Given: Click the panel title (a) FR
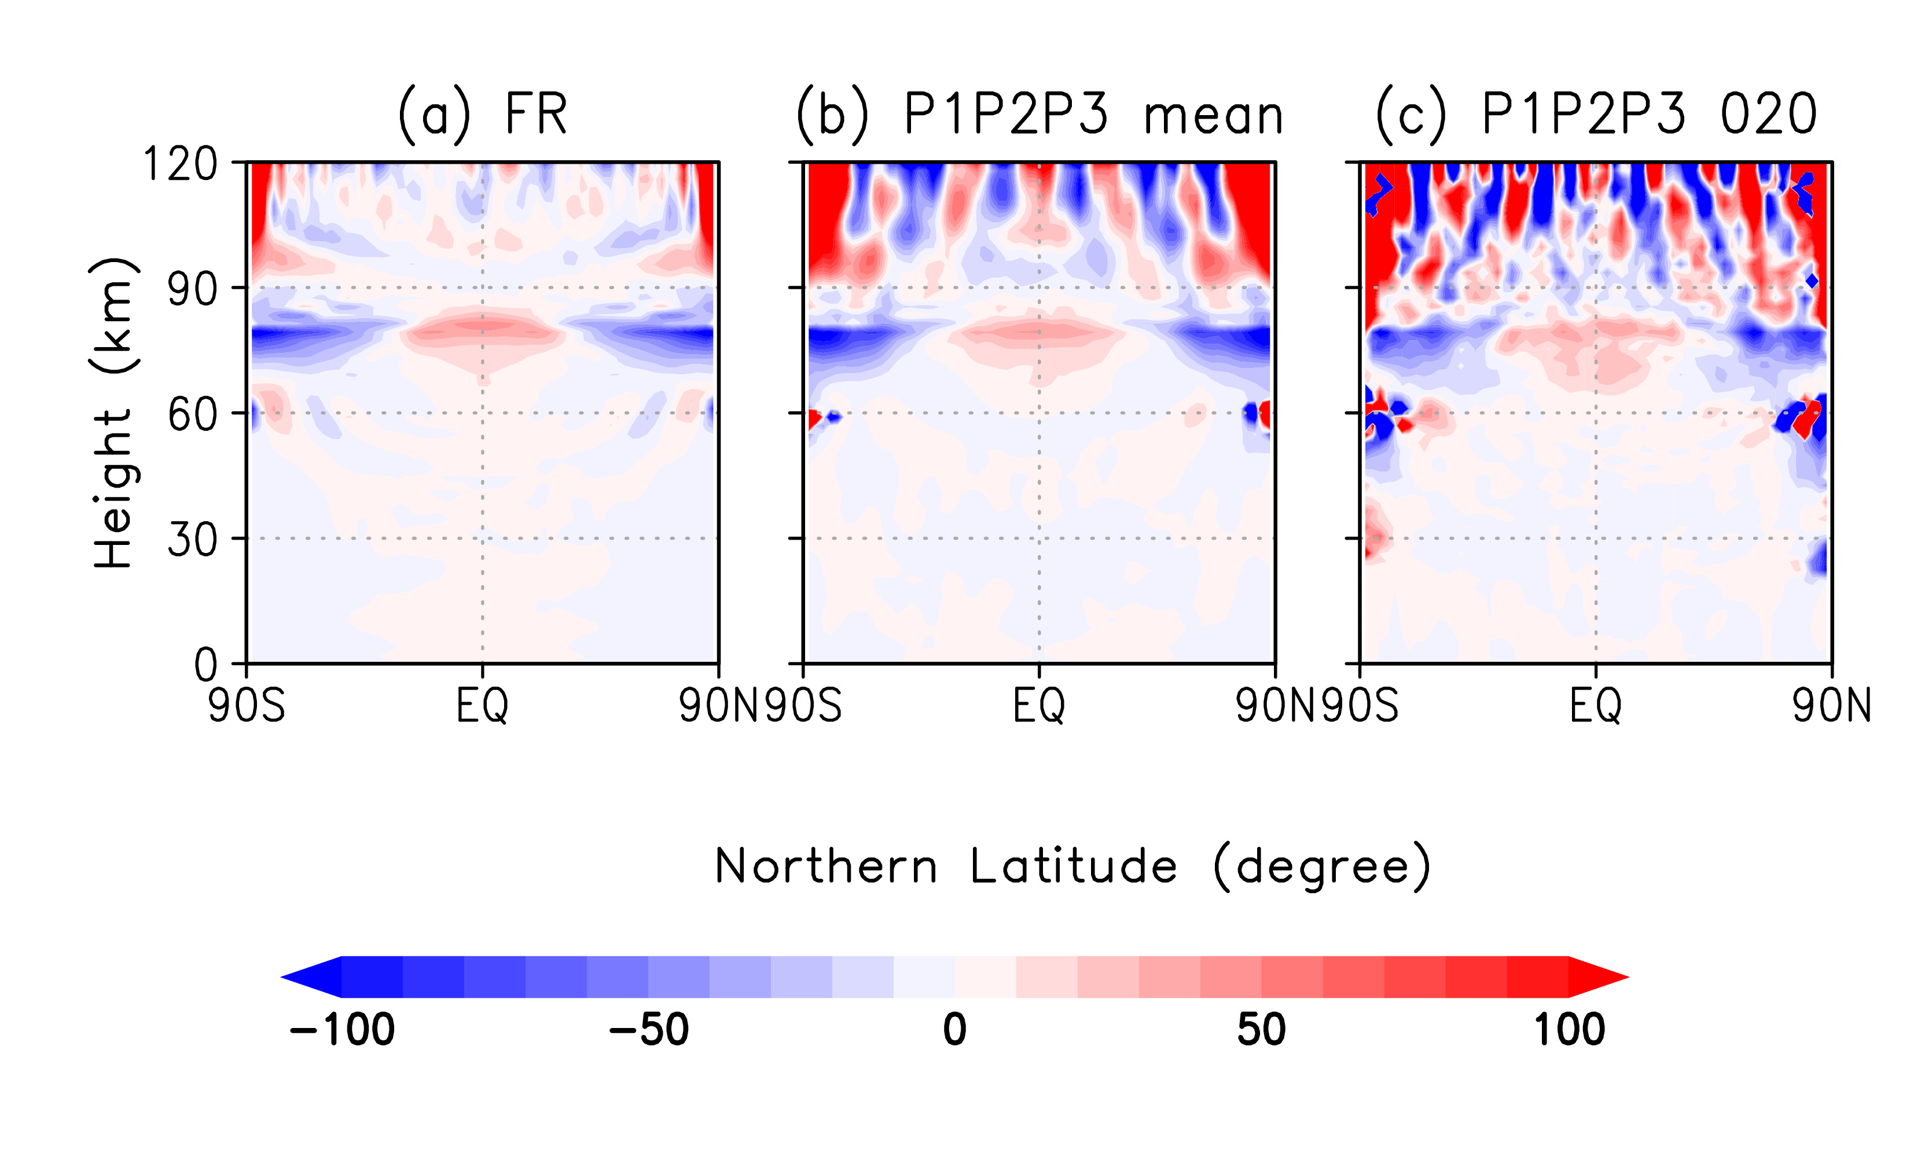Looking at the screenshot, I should [x=482, y=115].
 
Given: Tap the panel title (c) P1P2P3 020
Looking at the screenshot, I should [x=1595, y=115].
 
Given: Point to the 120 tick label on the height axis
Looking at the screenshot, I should [x=181, y=164].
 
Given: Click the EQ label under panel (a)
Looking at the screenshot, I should [x=482, y=706].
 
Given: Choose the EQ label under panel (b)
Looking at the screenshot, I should [x=1039, y=706].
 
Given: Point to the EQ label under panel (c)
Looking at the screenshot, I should [x=1595, y=706].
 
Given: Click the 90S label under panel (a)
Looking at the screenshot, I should [x=247, y=706].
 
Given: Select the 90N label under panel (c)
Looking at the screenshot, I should [x=1831, y=706].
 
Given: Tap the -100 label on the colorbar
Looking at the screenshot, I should [x=342, y=1030].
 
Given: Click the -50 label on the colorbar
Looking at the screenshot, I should [x=649, y=1030].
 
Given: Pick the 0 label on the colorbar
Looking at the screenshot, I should [x=955, y=1030].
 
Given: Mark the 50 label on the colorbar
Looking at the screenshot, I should [x=1261, y=1030].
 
